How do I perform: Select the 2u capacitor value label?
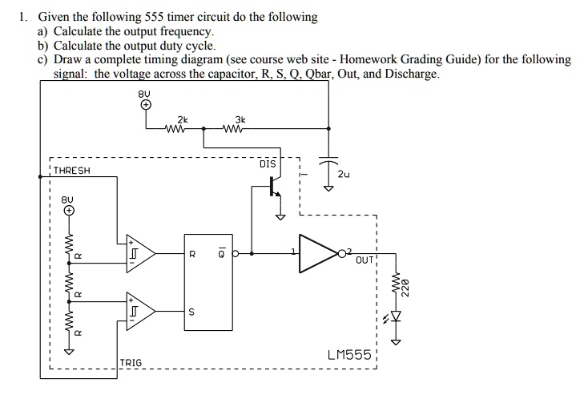click(344, 173)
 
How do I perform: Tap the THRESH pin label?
click(72, 171)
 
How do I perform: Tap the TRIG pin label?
click(131, 363)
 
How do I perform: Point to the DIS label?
click(268, 164)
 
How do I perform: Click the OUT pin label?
click(365, 261)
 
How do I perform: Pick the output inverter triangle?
click(319, 253)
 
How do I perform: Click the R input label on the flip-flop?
click(191, 254)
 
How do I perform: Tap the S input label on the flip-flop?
click(191, 312)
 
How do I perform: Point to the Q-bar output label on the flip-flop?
click(221, 254)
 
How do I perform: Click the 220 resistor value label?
click(405, 286)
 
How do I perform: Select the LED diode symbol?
click(393, 318)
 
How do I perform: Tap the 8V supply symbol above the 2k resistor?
click(145, 104)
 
